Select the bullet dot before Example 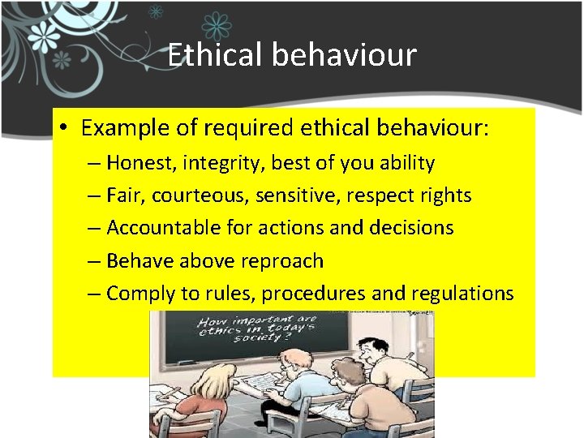65,129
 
